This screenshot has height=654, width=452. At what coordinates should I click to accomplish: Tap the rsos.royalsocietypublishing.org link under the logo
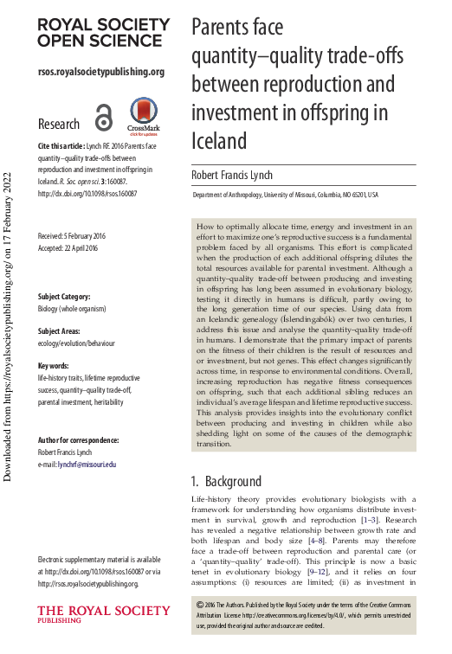tap(101, 72)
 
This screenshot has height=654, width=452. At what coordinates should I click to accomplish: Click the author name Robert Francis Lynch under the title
tap(231, 175)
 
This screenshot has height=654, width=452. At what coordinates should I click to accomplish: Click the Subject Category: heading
tap(69, 297)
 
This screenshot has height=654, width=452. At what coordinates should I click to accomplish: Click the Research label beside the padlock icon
tap(59, 124)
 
